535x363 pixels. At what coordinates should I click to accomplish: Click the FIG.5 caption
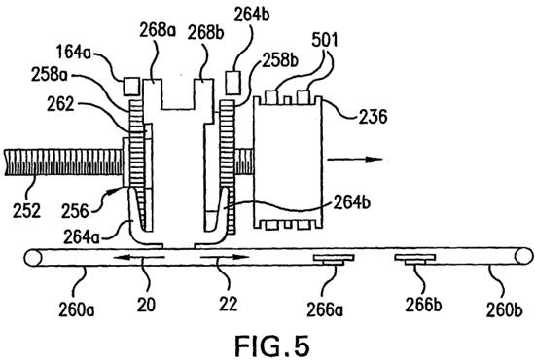pos(272,346)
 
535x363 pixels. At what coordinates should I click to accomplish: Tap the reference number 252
pos(26,210)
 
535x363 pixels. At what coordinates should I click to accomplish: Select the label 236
pos(373,117)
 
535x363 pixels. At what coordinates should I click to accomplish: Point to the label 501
pos(325,40)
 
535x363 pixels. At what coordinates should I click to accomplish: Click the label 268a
pos(158,30)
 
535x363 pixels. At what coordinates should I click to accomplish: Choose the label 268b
pos(206,33)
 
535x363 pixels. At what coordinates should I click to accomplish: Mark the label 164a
pos(74,54)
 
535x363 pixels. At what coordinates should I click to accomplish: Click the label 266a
pos(325,309)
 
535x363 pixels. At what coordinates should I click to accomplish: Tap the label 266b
pos(423,305)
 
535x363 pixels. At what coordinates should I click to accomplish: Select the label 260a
pos(77,309)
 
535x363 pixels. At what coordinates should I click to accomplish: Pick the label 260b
pos(504,309)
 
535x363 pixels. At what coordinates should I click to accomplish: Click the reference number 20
pos(146,305)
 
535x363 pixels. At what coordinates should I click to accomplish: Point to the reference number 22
pos(228,304)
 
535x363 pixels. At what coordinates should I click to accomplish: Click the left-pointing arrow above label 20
pos(139,258)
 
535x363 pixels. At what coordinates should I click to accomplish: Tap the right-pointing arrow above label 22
pos(225,257)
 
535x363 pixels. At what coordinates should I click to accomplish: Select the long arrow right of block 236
pos(355,160)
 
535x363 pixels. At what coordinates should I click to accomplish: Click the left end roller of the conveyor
pos(33,258)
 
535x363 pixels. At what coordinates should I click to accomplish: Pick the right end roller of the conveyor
pos(523,256)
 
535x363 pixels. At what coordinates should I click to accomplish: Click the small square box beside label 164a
pos(131,86)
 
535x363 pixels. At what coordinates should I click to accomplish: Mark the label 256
pos(75,212)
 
